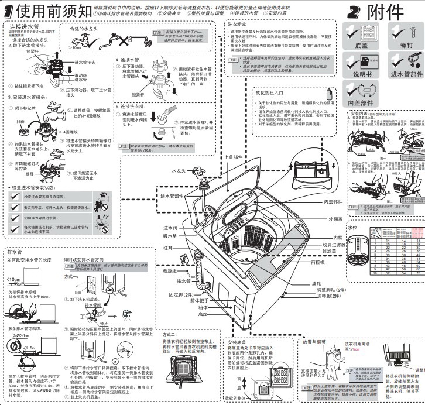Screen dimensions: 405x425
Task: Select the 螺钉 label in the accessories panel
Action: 405,44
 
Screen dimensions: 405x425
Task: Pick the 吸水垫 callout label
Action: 170,235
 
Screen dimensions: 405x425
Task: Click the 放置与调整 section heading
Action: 316,341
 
